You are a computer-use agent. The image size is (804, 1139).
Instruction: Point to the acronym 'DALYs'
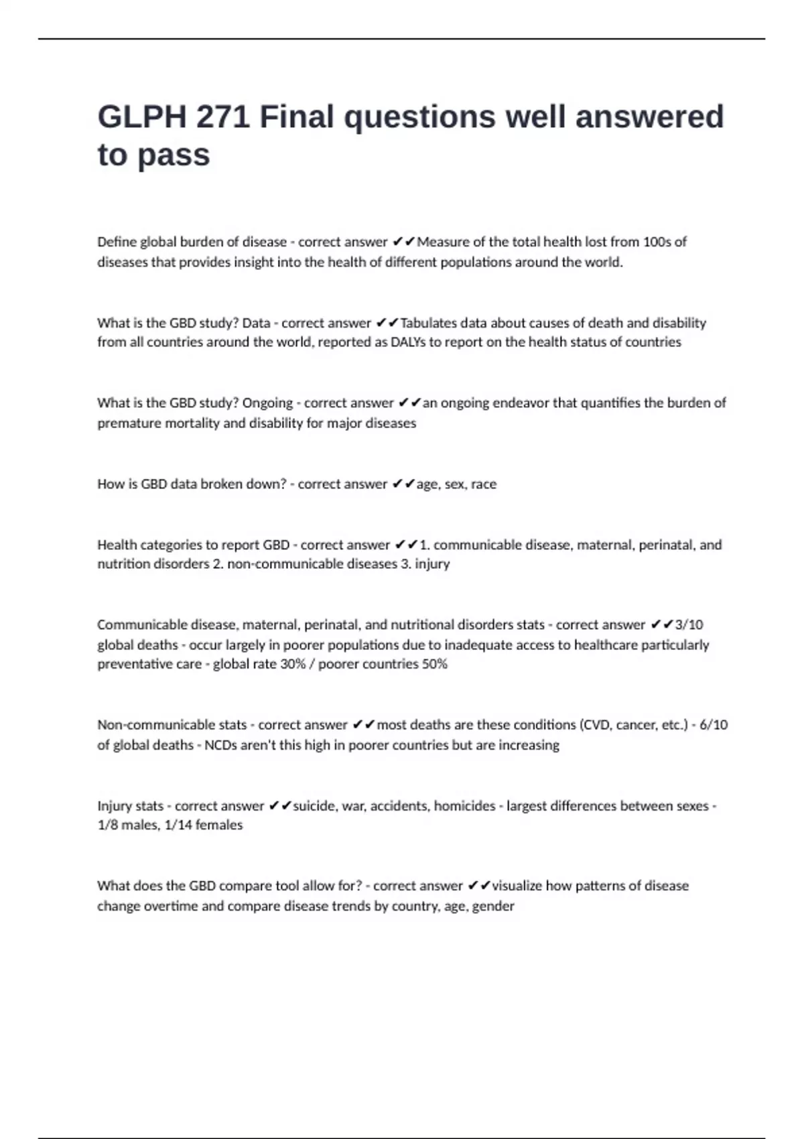point(407,342)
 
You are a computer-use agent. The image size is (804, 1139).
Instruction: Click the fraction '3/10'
point(689,625)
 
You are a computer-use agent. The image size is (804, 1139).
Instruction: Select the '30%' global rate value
point(293,664)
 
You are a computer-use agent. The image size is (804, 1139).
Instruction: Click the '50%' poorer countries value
point(434,664)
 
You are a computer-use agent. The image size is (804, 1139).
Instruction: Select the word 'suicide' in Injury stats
point(315,806)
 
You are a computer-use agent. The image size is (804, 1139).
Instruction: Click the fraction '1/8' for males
point(107,825)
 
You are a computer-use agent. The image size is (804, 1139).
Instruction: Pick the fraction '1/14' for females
point(178,825)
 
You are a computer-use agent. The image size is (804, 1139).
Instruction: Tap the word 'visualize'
point(517,886)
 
